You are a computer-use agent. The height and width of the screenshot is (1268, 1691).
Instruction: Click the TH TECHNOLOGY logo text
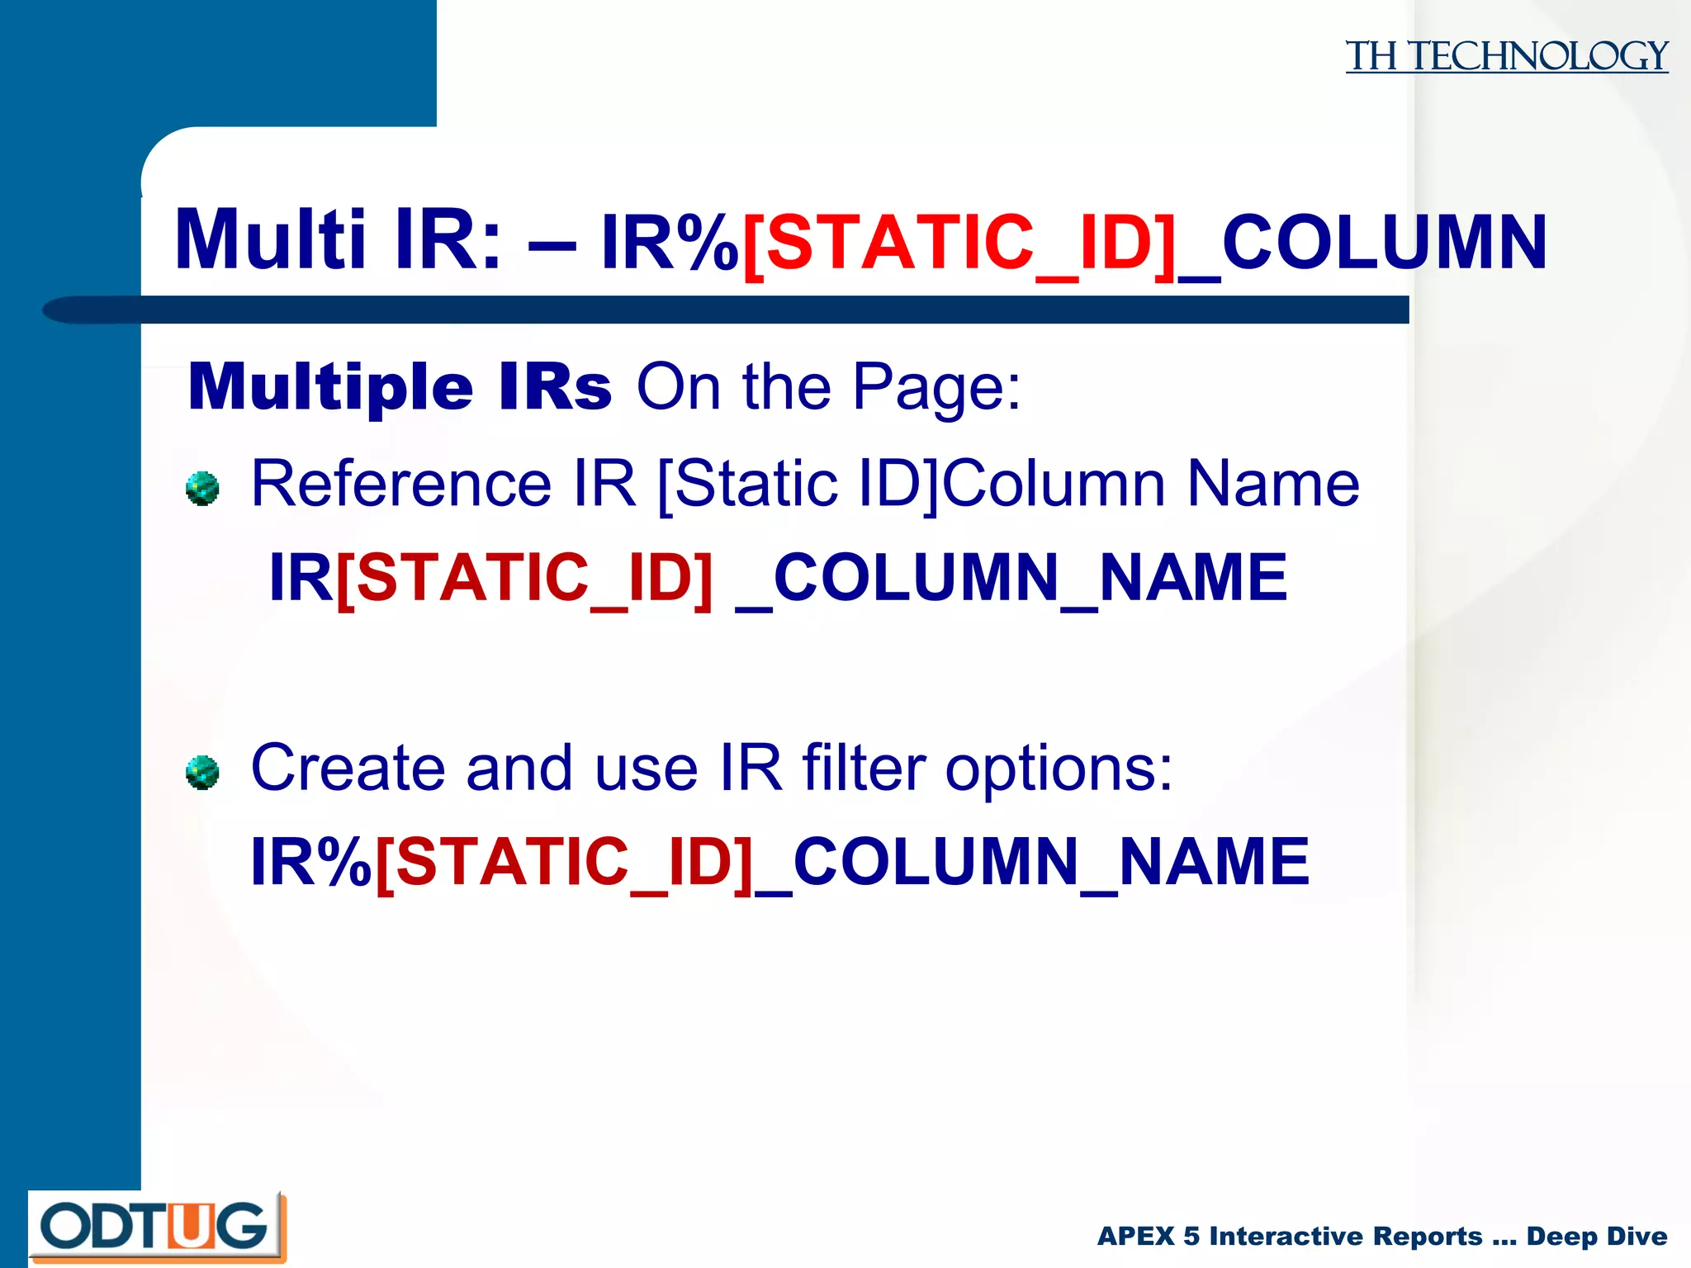pyautogui.click(x=1506, y=56)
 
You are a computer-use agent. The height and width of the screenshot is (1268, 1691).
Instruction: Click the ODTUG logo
pyautogui.click(x=157, y=1227)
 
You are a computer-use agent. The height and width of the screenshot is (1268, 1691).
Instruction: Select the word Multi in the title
pyautogui.click(x=270, y=240)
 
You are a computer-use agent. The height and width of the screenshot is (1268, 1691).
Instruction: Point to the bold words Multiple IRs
pyautogui.click(x=400, y=386)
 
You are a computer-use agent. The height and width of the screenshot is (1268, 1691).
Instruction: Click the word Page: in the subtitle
pyautogui.click(x=936, y=386)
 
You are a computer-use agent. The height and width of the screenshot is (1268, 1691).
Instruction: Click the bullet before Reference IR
pyautogui.click(x=202, y=489)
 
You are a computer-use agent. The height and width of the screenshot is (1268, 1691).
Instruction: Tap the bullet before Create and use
pyautogui.click(x=202, y=773)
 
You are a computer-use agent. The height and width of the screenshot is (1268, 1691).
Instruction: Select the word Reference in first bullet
pyautogui.click(x=401, y=484)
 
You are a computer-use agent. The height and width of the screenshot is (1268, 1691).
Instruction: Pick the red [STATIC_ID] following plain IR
pyautogui.click(x=524, y=578)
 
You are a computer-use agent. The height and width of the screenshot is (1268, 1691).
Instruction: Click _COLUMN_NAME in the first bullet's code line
pyautogui.click(x=1011, y=578)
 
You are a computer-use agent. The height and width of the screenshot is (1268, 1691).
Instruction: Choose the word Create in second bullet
pyautogui.click(x=348, y=768)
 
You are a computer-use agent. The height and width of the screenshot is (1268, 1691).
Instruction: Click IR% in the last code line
pyautogui.click(x=310, y=862)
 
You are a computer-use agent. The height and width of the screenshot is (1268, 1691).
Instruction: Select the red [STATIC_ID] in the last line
pyautogui.click(x=565, y=862)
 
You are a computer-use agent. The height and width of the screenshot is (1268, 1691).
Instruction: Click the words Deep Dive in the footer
pyautogui.click(x=1596, y=1236)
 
